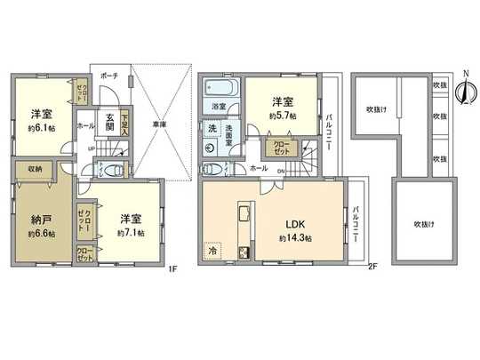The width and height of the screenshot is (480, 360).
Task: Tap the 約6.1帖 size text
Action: (37, 126)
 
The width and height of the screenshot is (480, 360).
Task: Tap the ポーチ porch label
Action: (108, 76)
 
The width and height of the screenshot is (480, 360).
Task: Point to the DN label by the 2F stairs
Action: (281, 172)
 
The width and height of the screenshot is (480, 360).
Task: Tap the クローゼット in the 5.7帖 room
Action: (278, 147)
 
